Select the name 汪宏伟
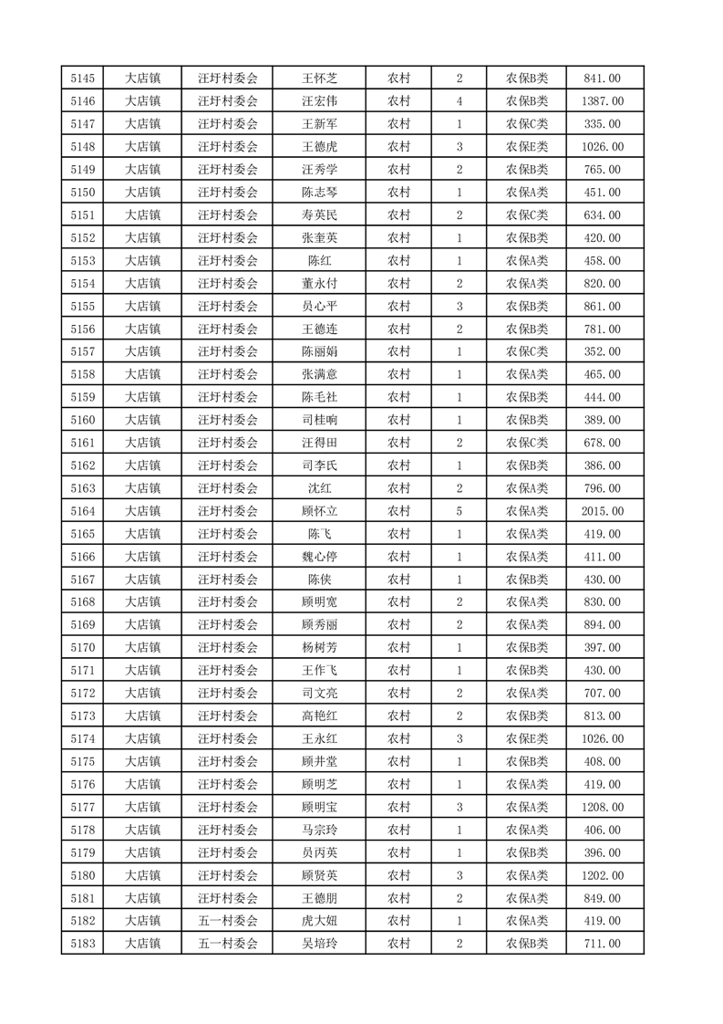pos(319,101)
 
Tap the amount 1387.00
pos(602,101)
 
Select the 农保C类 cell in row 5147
pos(527,124)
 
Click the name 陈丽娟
pos(319,351)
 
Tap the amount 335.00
pos(602,124)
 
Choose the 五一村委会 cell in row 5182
pos(228,921)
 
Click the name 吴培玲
pos(319,944)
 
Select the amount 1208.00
pos(602,807)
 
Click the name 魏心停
pos(319,557)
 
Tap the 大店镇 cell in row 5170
pos(142,648)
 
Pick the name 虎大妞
pos(319,921)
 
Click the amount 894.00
pos(602,625)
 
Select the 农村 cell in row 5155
pos(398,306)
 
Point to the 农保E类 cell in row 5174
pos(527,738)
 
